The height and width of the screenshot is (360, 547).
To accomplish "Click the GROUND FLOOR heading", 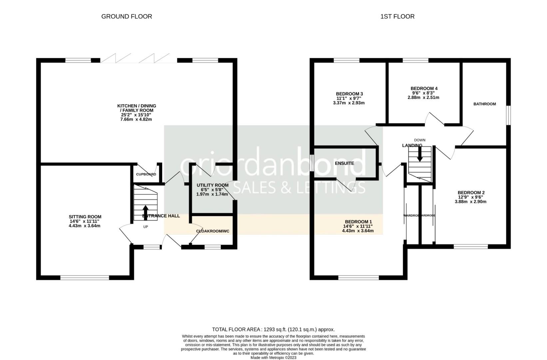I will click(x=127, y=16).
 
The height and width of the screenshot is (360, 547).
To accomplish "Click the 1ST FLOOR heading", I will click(x=397, y=16).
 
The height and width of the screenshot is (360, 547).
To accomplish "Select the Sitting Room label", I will click(x=85, y=217).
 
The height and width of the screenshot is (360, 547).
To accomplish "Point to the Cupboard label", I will click(x=146, y=174).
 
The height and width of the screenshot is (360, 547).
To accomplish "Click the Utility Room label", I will click(x=213, y=185).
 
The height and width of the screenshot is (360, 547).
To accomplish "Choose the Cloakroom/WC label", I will click(x=213, y=231).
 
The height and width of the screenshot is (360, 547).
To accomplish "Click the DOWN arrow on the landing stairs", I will click(x=420, y=154).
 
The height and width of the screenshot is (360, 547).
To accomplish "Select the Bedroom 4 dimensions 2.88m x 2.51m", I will click(x=424, y=98).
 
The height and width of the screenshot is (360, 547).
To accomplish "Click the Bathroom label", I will click(x=484, y=104).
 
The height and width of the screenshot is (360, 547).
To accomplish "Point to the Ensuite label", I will click(x=344, y=163).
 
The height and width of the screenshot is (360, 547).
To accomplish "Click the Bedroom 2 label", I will click(x=471, y=192).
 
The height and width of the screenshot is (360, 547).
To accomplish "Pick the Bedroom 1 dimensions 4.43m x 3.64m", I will click(x=358, y=231).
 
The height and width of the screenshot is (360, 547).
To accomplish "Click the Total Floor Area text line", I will click(x=273, y=329).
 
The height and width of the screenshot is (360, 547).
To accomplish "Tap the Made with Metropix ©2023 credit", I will click(x=273, y=358).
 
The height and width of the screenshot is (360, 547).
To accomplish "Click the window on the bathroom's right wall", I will click(x=508, y=115).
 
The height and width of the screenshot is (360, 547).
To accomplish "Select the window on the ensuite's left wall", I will click(x=312, y=163).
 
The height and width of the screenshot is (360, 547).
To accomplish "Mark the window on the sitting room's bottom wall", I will click(x=85, y=277).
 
